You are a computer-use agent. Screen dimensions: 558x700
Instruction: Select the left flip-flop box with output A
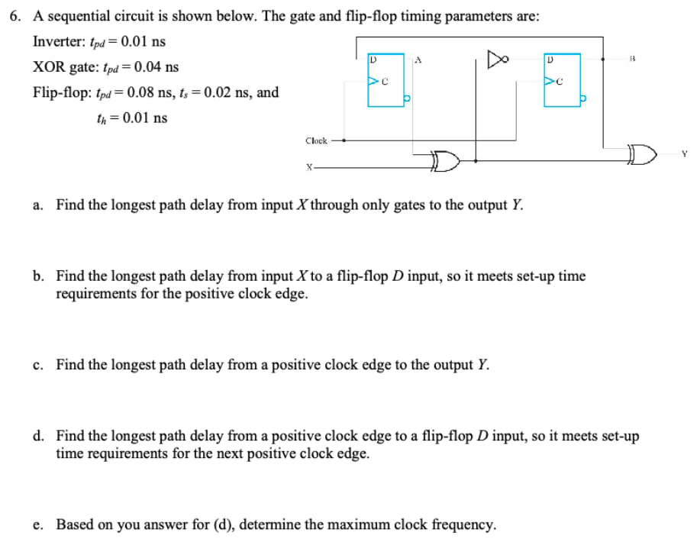click(385, 80)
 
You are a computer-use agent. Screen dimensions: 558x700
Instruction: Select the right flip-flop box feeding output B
click(561, 79)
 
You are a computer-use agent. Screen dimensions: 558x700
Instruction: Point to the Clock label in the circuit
click(316, 140)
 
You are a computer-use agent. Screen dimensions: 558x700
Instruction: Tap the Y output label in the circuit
click(685, 153)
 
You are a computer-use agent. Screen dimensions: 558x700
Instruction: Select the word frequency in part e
click(462, 524)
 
